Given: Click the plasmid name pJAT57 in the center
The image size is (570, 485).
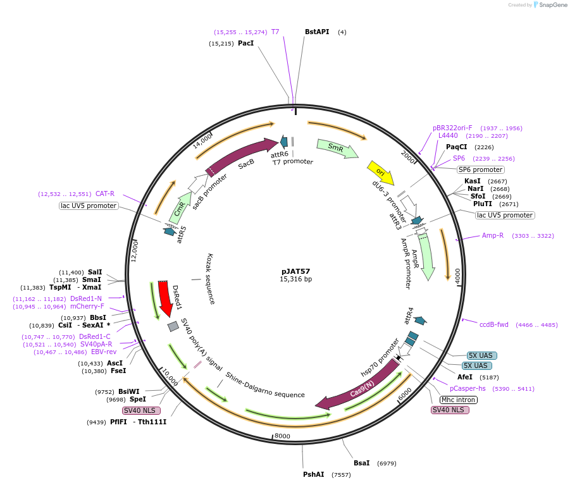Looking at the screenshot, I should coord(296,270).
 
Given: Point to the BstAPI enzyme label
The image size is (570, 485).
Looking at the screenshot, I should coord(317,32).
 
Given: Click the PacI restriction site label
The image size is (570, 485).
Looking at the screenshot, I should coord(246,44).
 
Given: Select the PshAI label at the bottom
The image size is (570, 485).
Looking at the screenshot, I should coord(314,474).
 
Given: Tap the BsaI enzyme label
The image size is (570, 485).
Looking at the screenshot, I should coord(362,463).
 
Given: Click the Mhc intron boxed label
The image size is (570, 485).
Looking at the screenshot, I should coord(458,400).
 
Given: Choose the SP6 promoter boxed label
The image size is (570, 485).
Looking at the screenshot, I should coord(481,169).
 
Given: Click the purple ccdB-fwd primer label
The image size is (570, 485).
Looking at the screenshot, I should coord(493,324).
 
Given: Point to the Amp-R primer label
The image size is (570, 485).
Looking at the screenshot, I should coord(493,235).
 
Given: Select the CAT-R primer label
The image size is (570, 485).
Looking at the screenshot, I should coord(105,193).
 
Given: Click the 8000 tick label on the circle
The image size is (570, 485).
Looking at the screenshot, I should coord(282,436).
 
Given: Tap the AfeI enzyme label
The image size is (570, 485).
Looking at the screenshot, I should coord(465,377).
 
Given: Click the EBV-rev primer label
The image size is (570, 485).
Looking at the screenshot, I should coord(104,352).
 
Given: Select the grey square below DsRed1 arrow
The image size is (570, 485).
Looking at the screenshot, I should coord(173,326).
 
